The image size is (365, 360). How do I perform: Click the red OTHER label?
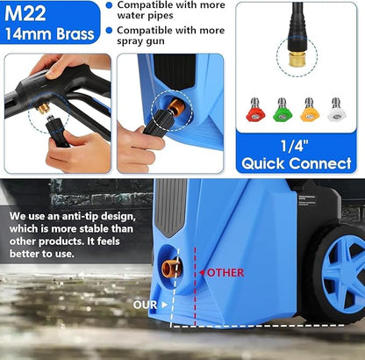tap(225, 272)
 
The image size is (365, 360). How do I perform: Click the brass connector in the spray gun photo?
tap(41, 107)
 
